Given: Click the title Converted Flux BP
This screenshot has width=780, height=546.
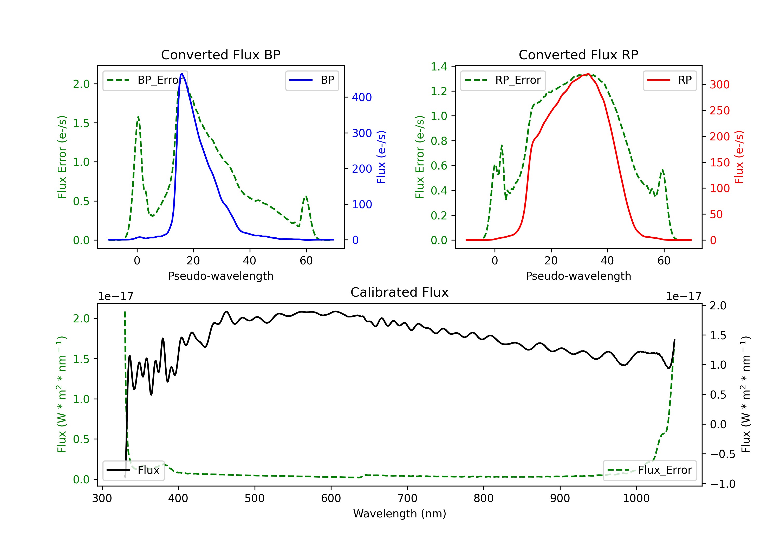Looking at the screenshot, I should click(220, 55).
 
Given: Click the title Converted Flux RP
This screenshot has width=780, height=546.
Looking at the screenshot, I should click(578, 55).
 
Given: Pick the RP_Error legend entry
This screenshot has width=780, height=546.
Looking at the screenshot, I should click(503, 80).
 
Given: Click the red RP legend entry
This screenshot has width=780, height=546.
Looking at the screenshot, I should click(669, 80).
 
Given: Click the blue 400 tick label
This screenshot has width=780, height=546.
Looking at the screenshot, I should click(362, 97).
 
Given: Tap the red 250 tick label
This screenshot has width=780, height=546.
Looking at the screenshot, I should click(719, 111).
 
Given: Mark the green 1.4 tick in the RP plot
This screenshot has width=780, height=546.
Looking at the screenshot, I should click(439, 67).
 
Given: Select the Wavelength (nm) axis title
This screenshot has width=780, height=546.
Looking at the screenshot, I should click(400, 513).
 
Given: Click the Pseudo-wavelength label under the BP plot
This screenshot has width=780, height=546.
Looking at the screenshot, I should click(220, 276).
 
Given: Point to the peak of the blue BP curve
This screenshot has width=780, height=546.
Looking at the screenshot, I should click(182, 74).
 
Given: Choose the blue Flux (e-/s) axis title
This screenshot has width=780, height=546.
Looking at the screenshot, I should click(381, 157).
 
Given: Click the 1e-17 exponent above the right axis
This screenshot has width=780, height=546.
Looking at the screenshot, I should click(684, 296).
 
